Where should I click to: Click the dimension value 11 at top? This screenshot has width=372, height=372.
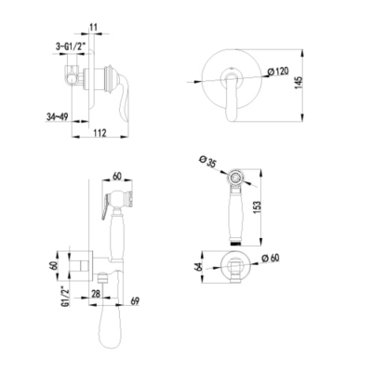click(x=93, y=27)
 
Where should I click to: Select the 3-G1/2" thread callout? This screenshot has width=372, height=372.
click(x=70, y=47)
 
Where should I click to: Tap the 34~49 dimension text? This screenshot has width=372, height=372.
click(x=58, y=116)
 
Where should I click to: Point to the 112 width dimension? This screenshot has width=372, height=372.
click(x=100, y=133)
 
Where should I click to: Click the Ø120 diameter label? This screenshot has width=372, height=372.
click(x=278, y=72)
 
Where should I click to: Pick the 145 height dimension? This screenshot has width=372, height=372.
click(x=298, y=83)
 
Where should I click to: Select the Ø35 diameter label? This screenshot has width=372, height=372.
click(x=207, y=163)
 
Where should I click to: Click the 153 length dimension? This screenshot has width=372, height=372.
click(x=258, y=207)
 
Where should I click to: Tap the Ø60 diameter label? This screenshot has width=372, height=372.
click(x=271, y=258)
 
